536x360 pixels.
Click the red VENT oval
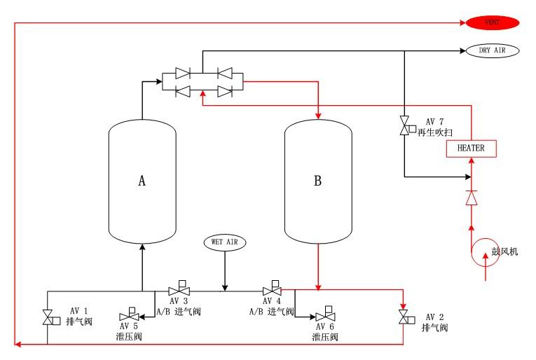(492, 23)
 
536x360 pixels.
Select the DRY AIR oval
(492, 51)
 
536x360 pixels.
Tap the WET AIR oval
(225, 242)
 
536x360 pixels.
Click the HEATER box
(470, 148)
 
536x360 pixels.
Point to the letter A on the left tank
(142, 181)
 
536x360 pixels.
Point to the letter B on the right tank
(317, 181)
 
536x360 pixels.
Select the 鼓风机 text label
(504, 250)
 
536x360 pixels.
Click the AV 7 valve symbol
(404, 127)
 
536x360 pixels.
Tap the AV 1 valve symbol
(48, 317)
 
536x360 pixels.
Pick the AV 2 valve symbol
(404, 317)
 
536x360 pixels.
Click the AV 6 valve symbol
(324, 315)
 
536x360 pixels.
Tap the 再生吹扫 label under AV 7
(432, 132)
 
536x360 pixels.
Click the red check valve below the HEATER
(471, 198)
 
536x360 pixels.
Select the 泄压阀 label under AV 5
(129, 337)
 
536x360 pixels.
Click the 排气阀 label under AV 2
(434, 328)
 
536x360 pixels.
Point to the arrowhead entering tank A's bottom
(142, 247)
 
